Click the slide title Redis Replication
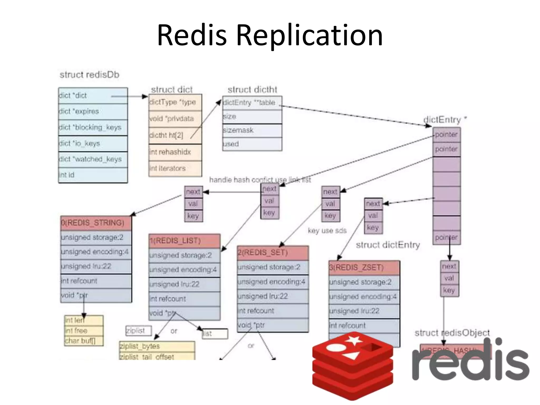click(269, 35)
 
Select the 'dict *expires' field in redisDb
click(93, 112)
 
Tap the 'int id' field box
click(93, 175)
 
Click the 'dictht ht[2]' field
click(175, 135)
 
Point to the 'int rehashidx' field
click(175, 152)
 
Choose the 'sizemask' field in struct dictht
click(252, 130)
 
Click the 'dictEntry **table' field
click(252, 103)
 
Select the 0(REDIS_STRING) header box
click(96, 223)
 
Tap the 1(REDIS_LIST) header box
click(184, 241)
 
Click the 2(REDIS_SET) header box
click(273, 253)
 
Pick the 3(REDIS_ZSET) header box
click(364, 268)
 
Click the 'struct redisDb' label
click(89, 75)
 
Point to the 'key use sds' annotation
click(327, 231)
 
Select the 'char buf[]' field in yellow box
click(84, 341)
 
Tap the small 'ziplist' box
click(138, 331)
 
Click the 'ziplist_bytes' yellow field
click(157, 346)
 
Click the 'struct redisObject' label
click(452, 333)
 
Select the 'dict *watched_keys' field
click(93, 159)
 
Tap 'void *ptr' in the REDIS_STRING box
click(96, 295)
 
